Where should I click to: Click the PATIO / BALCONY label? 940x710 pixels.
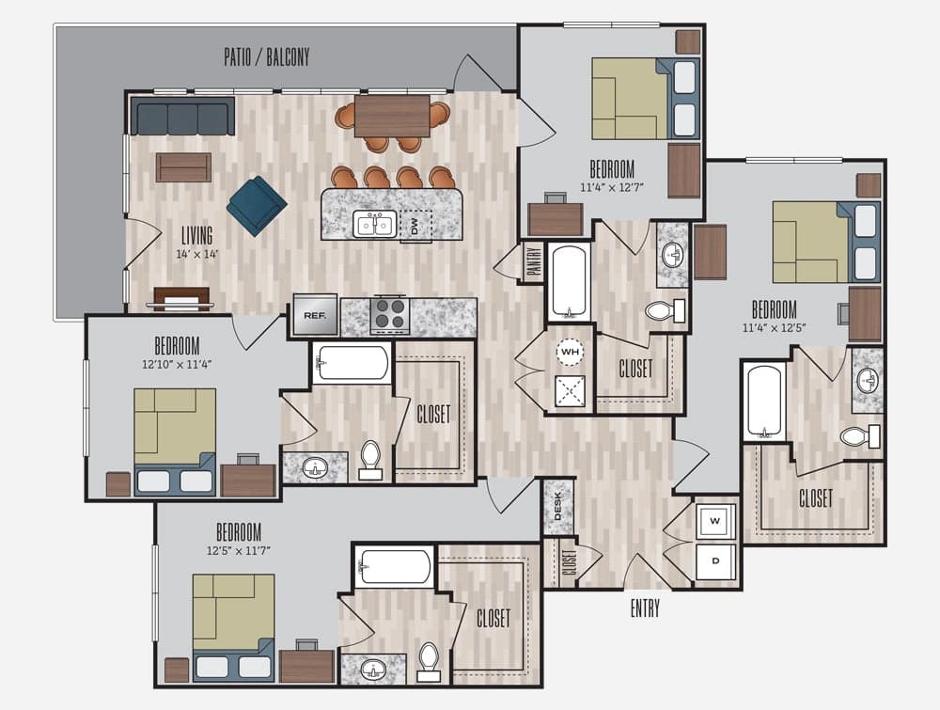pos(267,57)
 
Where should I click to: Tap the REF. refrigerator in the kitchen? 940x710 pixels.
pos(315,315)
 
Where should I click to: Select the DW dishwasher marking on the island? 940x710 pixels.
pos(415,226)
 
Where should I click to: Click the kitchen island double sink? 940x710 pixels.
pos(374,225)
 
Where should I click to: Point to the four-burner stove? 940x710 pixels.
pos(390,314)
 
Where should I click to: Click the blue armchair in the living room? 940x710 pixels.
pos(257,206)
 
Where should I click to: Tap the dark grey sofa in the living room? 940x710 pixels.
pos(182,116)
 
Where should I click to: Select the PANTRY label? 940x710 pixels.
pos(534,260)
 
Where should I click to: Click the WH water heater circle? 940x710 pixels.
pos(570,352)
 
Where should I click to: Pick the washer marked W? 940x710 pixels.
pos(715,520)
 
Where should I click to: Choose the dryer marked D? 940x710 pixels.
pos(715,561)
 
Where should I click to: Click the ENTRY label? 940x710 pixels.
pos(645,608)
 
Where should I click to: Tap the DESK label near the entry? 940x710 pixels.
pos(557,506)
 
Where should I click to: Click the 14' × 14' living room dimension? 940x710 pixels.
pos(197,254)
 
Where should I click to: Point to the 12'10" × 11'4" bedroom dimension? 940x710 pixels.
pos(178,364)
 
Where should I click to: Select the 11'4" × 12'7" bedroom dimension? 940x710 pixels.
pos(612,187)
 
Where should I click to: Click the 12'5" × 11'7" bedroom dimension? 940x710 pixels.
pos(239,550)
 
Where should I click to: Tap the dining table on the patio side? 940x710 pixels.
pos(392,116)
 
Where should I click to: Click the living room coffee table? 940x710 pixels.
pos(183,167)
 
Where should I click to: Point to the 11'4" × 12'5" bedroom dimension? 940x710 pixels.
pos(775,328)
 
